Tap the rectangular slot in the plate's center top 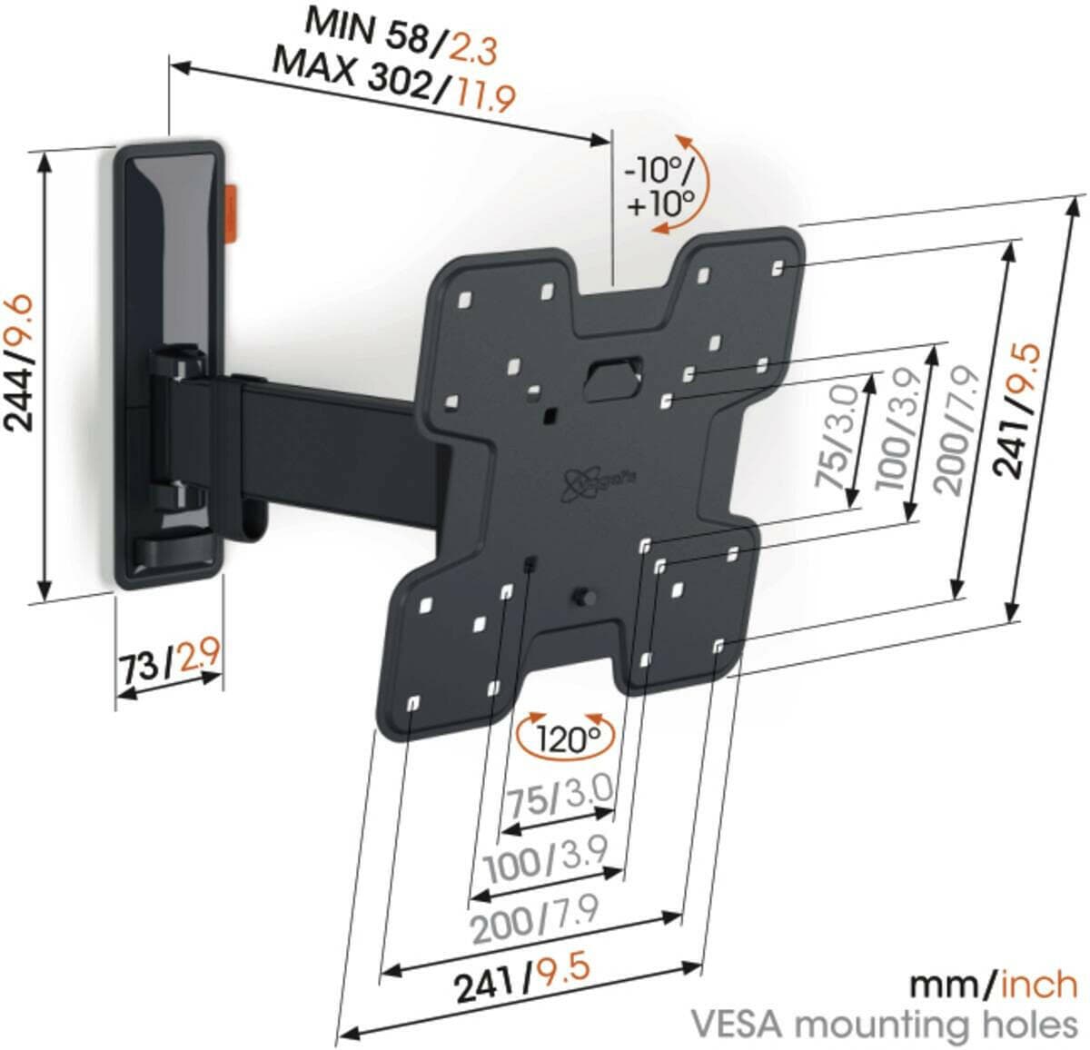click(611, 375)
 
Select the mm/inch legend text click(994, 984)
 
